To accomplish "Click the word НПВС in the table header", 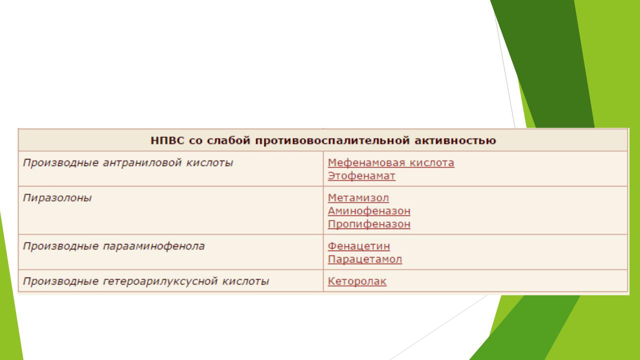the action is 167,140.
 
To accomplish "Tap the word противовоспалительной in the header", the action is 332,141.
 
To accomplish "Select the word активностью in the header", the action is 455,140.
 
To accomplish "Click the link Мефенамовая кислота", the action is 391,163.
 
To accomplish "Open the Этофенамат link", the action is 361,176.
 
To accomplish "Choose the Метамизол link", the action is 358,198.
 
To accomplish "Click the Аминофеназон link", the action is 369,211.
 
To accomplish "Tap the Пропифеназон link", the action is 369,224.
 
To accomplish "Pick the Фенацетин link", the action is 359,246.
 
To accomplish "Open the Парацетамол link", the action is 365,259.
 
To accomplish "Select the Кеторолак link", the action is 357,281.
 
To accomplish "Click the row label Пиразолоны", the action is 57,198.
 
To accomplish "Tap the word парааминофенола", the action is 153,246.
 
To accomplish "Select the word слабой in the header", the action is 228,140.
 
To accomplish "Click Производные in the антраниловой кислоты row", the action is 60,163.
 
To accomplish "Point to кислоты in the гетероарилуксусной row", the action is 245,281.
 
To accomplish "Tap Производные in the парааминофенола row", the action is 60,246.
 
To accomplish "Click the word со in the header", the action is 195,141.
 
